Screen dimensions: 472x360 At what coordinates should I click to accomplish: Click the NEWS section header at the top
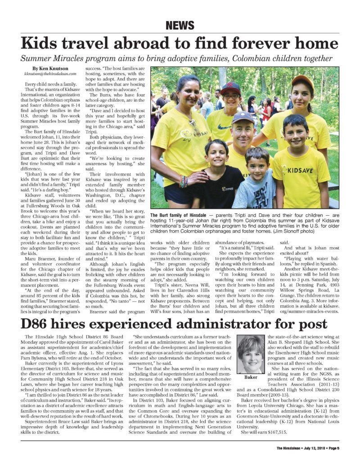180,25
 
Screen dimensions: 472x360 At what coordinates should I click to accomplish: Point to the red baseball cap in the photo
231,86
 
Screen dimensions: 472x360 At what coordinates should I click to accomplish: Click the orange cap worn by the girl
302,81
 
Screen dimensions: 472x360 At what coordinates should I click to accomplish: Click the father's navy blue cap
243,118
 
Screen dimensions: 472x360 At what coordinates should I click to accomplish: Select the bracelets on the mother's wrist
183,181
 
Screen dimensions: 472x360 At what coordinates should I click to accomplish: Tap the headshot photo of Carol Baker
251,354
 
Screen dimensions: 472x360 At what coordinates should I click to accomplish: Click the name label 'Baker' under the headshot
251,377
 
